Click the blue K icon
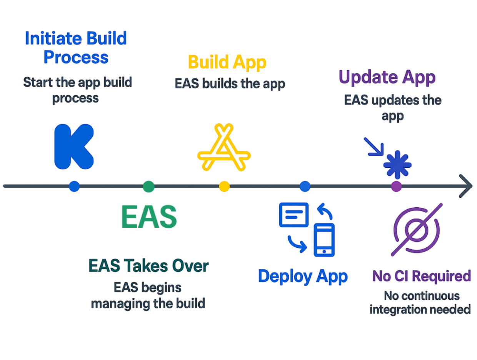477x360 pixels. coord(73,147)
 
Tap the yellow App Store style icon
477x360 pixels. coord(224,148)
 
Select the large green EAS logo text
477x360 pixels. coord(149,217)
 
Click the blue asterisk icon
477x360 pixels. coord(397,165)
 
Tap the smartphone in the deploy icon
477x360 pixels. coord(324,240)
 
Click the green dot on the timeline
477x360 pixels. coord(148,187)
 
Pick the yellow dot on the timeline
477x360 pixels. coord(224,187)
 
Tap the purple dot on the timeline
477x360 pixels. coord(396,187)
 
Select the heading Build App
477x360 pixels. coord(227,62)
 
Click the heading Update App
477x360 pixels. coord(387,77)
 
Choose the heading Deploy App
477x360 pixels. coord(303,276)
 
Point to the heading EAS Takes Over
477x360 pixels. coord(148,266)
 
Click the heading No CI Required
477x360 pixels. coord(421,276)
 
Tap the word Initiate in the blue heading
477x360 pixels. coord(52,38)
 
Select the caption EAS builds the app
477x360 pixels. coord(230,83)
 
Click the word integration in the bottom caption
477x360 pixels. coord(397,310)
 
